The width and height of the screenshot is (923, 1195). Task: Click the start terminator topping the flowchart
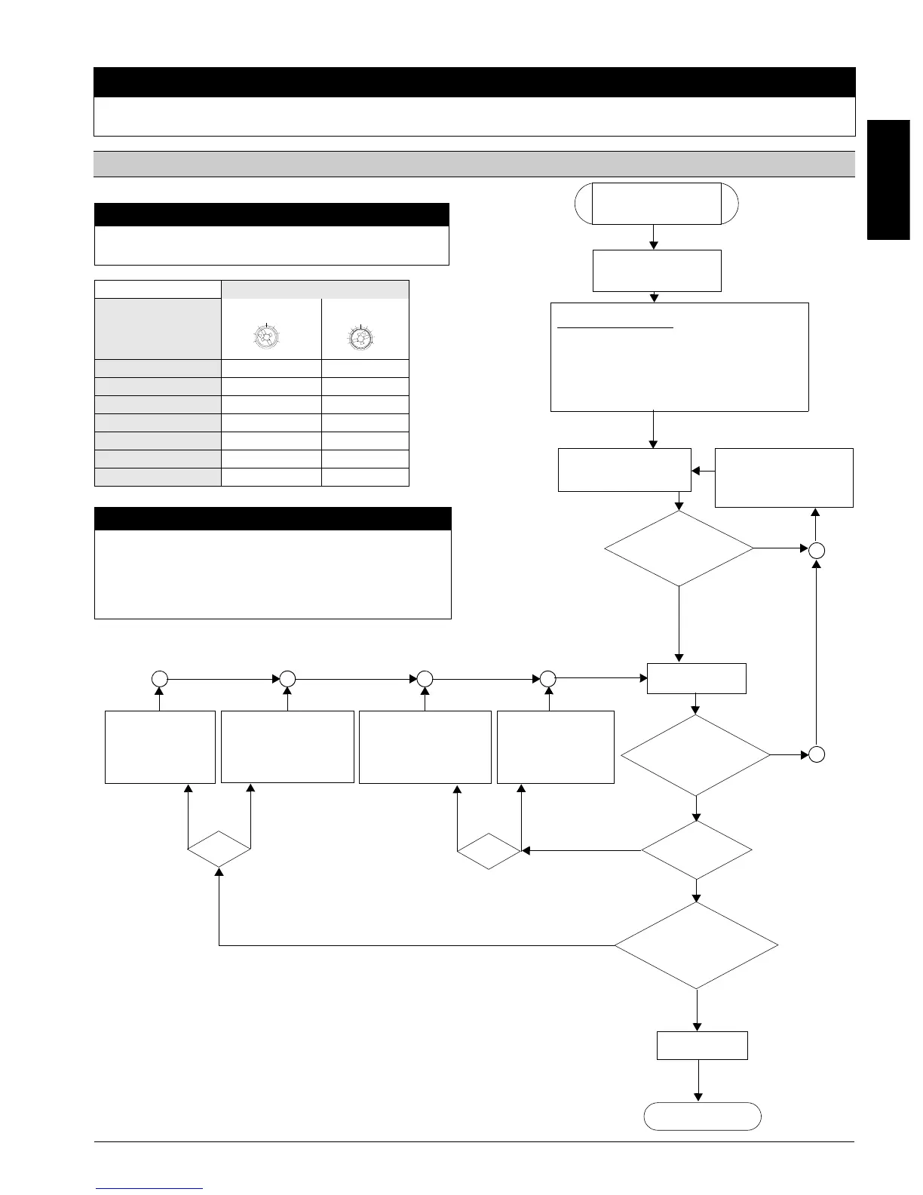(x=656, y=203)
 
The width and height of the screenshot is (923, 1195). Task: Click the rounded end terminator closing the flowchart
(x=702, y=1116)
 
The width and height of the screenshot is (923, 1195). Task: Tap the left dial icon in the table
(x=267, y=336)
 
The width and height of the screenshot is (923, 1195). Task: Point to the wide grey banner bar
(x=474, y=164)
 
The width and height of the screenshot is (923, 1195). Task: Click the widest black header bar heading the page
(x=474, y=82)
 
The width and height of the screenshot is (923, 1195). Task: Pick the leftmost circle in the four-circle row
(x=159, y=678)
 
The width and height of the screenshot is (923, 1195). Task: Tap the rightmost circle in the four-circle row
(x=548, y=678)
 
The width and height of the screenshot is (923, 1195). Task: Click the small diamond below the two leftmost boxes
(x=219, y=850)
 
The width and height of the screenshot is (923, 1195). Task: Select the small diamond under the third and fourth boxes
(x=489, y=851)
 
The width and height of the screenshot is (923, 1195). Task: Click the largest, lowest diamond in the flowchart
(x=696, y=945)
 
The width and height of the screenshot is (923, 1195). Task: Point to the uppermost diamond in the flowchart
(x=679, y=548)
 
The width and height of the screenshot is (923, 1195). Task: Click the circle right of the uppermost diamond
(x=816, y=551)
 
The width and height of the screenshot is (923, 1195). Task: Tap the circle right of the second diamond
(x=816, y=754)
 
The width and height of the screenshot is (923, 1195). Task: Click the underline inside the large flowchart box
(x=615, y=328)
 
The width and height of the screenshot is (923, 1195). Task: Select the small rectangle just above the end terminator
(x=702, y=1045)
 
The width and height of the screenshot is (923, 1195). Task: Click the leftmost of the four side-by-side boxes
(x=160, y=746)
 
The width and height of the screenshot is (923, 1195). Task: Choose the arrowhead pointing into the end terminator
(x=699, y=1097)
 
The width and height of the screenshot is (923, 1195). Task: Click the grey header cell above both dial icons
(x=314, y=290)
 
